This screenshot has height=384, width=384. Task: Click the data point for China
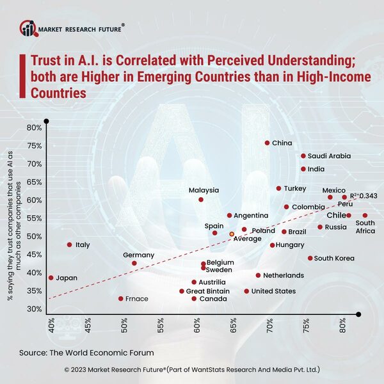(x=267, y=143)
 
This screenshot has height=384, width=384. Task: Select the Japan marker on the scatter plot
(x=51, y=278)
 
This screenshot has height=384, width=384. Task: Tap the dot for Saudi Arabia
(x=303, y=156)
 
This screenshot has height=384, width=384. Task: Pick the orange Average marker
(x=232, y=234)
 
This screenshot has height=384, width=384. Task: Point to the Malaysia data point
(x=201, y=200)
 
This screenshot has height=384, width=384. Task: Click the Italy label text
(x=83, y=245)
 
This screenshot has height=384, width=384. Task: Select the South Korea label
(x=334, y=259)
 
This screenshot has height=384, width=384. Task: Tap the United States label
(x=273, y=291)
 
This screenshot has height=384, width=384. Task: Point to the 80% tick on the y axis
(x=33, y=128)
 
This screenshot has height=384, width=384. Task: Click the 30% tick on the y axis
(x=33, y=310)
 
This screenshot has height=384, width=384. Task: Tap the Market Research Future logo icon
(x=28, y=28)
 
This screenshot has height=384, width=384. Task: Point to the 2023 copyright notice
(x=192, y=370)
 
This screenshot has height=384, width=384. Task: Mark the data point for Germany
(x=134, y=263)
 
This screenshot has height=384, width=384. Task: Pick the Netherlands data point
(x=258, y=276)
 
